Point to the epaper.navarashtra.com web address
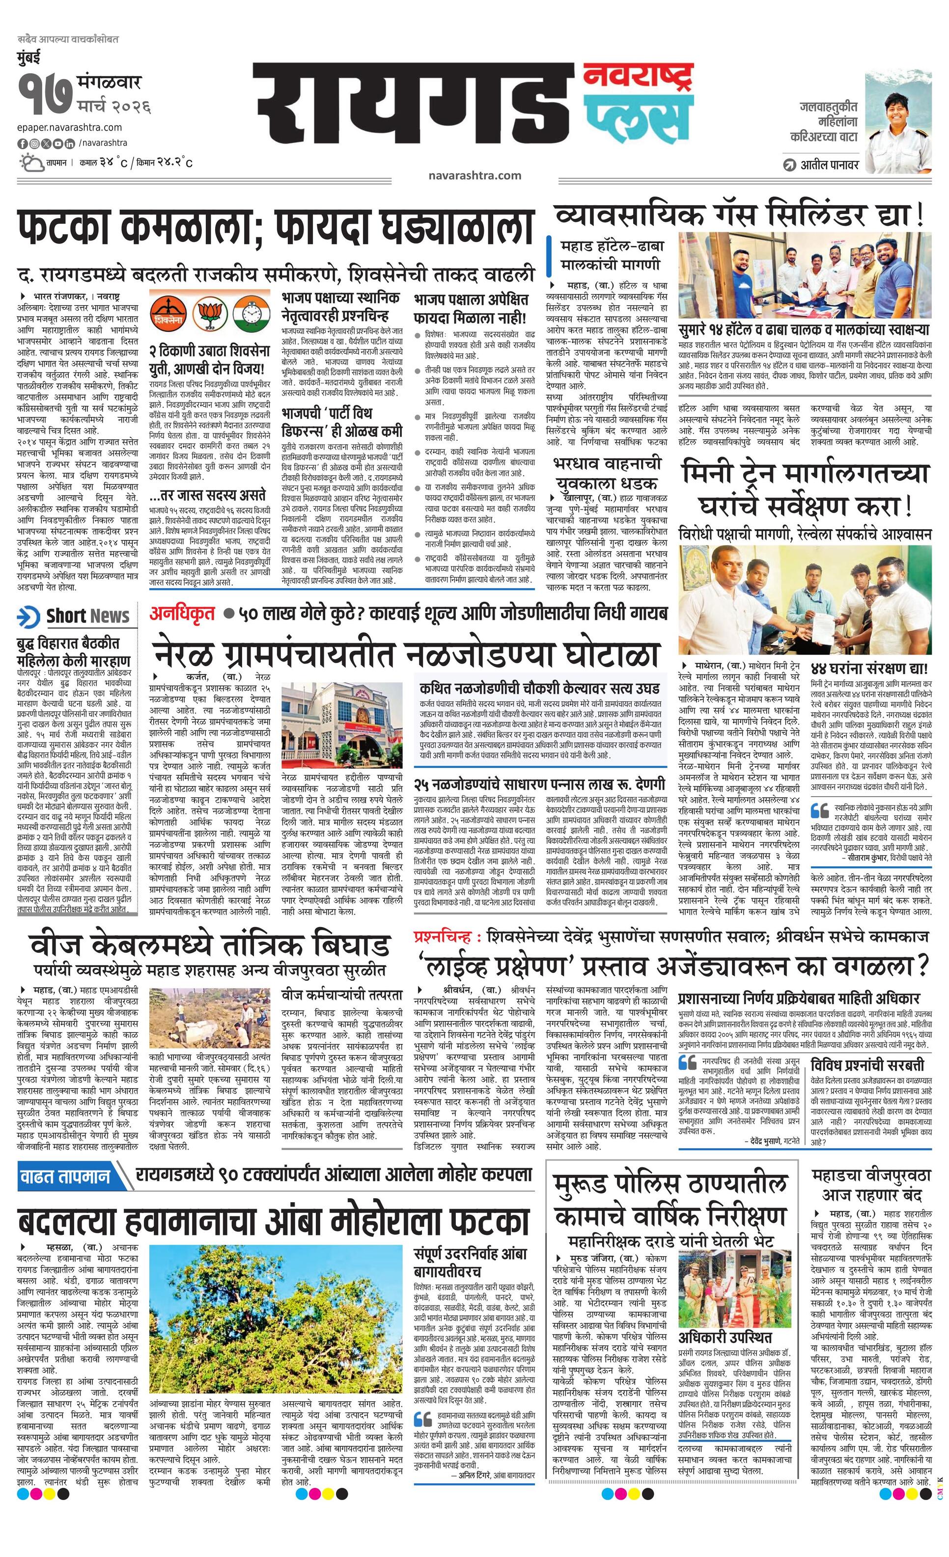70,128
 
